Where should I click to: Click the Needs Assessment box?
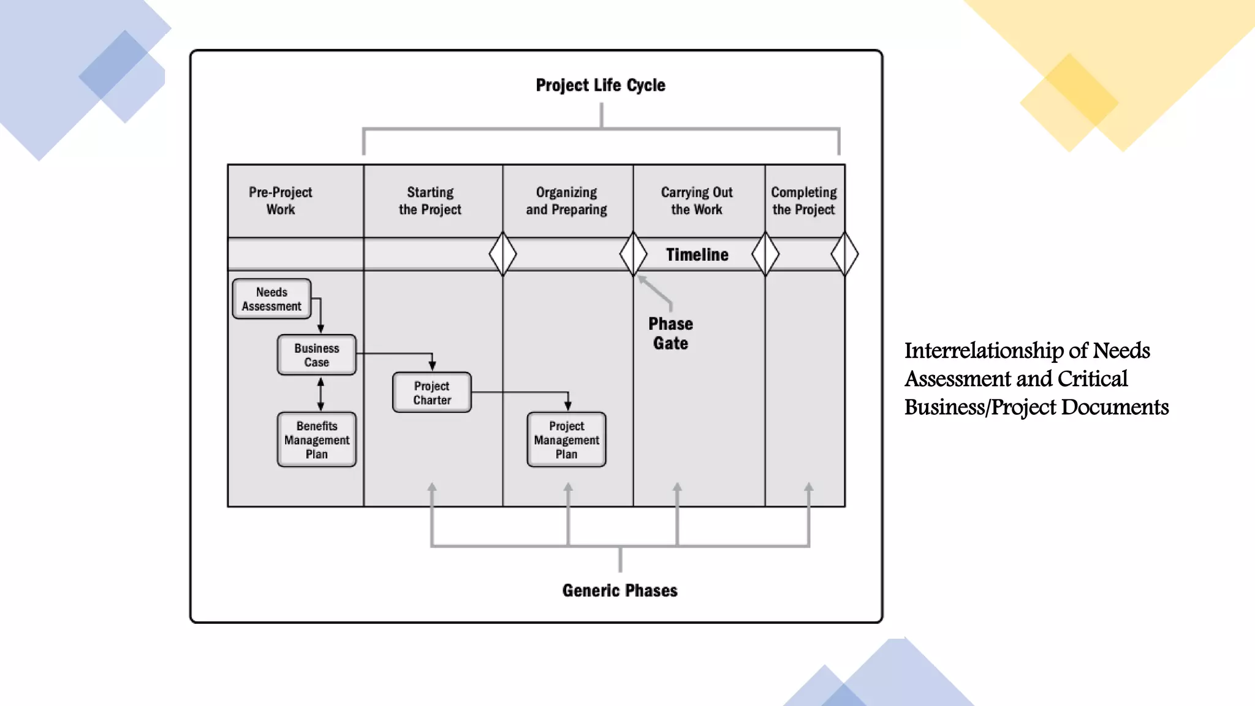click(x=271, y=299)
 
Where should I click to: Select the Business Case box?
click(x=316, y=355)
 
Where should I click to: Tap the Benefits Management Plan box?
click(x=316, y=439)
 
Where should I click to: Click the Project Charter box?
click(x=431, y=393)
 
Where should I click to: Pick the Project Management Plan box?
click(x=566, y=439)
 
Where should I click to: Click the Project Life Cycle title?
click(x=600, y=85)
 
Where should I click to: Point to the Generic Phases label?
click(x=620, y=590)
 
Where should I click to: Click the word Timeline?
click(x=697, y=254)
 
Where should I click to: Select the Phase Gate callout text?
click(x=670, y=333)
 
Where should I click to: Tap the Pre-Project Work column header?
click(x=281, y=200)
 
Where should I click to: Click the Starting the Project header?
click(x=430, y=200)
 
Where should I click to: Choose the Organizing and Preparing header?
click(x=566, y=200)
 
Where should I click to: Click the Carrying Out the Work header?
click(x=697, y=200)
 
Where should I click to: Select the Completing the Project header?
click(x=803, y=200)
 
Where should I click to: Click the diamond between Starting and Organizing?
click(x=502, y=254)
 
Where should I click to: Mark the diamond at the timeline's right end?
click(x=844, y=254)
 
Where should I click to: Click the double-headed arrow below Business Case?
click(x=320, y=394)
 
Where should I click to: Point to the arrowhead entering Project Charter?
click(x=432, y=366)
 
